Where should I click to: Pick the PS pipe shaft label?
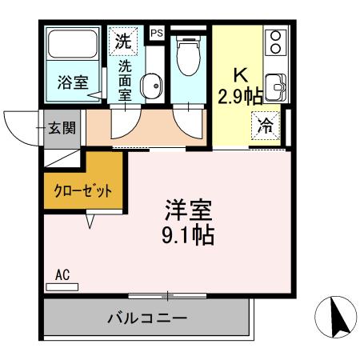point(157,33)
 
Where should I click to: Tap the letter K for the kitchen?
point(240,74)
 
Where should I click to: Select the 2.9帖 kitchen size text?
point(241,98)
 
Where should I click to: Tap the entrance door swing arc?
point(22,124)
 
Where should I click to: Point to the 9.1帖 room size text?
point(189,237)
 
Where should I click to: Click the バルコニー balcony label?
point(147,318)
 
